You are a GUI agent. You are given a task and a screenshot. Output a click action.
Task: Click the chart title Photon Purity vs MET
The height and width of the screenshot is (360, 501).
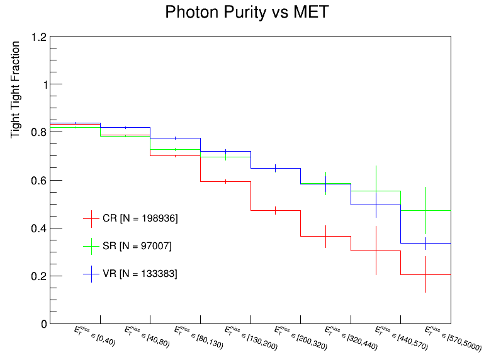[x=246, y=12]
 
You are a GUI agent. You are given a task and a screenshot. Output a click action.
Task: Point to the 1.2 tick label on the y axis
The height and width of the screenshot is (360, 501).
[x=38, y=37]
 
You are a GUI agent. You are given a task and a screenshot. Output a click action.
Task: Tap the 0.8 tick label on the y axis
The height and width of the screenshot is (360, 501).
[x=38, y=133]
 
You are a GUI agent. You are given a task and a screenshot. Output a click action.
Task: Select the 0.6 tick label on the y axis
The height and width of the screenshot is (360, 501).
[x=38, y=181]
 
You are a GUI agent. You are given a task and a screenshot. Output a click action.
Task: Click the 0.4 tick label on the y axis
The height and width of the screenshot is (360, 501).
[x=38, y=228]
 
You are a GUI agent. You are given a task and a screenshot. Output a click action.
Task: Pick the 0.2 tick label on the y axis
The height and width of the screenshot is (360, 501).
[x=38, y=276]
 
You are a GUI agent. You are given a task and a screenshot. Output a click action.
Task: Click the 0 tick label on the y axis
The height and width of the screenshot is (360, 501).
[x=43, y=324]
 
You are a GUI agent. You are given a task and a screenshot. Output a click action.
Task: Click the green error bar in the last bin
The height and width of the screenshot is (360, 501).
[x=426, y=210]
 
